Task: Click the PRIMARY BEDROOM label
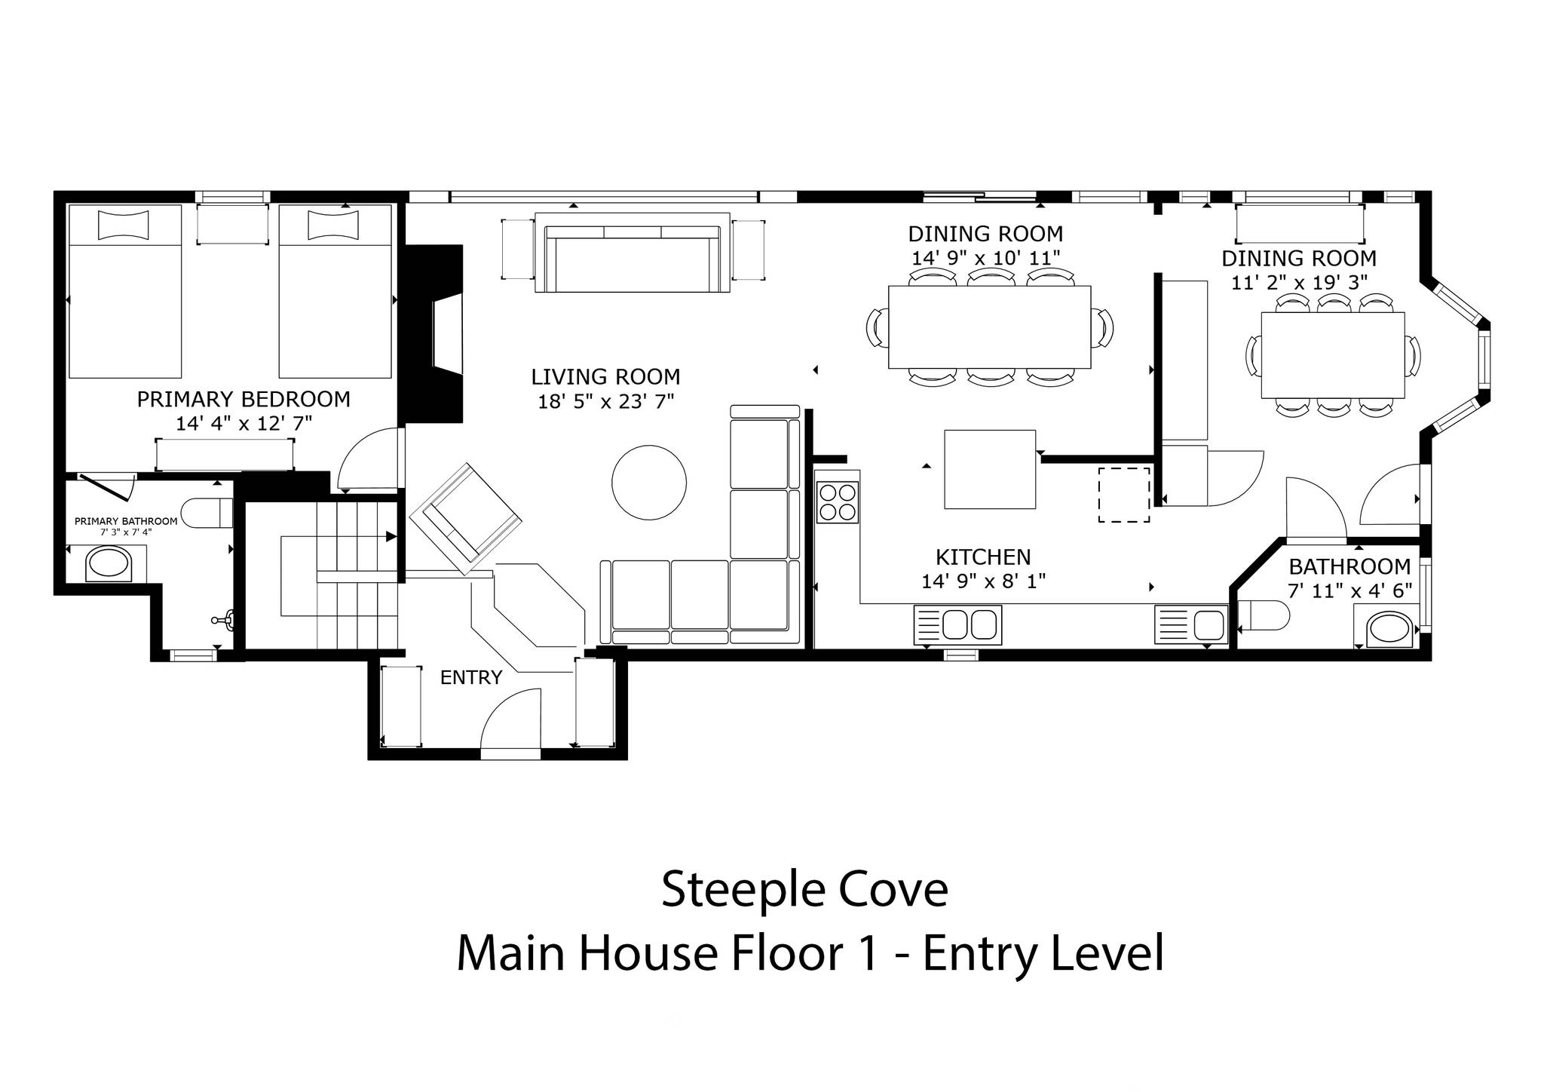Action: coord(244,399)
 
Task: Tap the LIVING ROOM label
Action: coord(605,376)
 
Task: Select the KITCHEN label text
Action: coord(983,557)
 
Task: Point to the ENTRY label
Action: coord(471,677)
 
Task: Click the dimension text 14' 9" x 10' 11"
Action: coord(985,258)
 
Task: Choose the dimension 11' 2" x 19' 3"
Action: coord(1299,282)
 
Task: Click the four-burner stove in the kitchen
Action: coord(838,502)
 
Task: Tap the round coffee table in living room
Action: coord(649,483)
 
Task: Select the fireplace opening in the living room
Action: coord(447,336)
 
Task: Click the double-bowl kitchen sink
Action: coord(957,624)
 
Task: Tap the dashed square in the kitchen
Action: coord(1124,495)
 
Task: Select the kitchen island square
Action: coord(990,469)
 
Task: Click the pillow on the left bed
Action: coord(124,225)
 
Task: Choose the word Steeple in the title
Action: coord(731,891)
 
